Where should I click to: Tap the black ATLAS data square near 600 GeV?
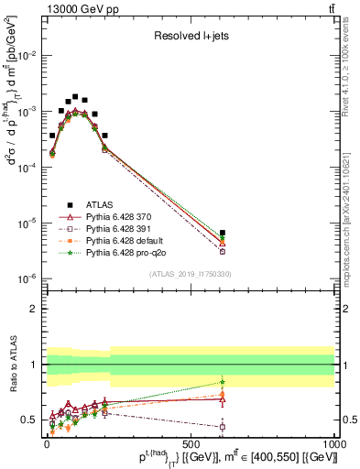click(x=223, y=233)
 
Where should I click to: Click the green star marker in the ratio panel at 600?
click(x=223, y=382)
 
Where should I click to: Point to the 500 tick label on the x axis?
click(x=190, y=443)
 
